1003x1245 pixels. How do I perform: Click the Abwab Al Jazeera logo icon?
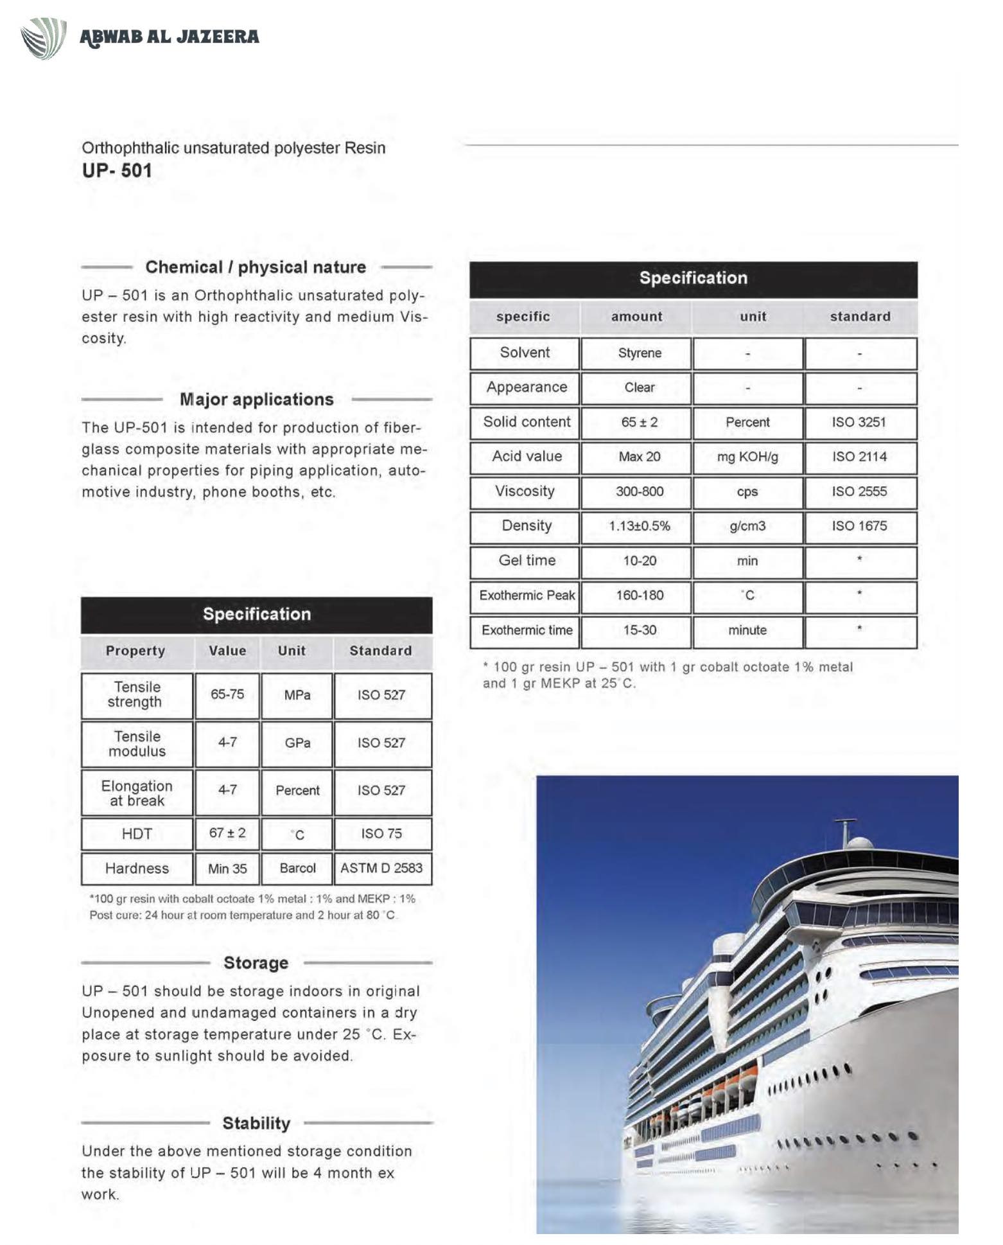point(43,38)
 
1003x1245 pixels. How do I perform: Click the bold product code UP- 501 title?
point(116,171)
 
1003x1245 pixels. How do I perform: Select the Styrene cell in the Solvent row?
point(639,353)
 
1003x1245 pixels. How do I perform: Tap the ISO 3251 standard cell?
point(859,422)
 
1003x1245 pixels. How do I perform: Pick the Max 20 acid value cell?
point(639,457)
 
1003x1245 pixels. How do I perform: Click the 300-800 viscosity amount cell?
point(639,491)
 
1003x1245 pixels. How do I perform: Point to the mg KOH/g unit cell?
point(747,457)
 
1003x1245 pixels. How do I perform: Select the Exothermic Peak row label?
point(527,596)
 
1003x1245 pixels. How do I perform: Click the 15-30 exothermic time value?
point(639,630)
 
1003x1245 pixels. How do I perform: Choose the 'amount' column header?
point(636,317)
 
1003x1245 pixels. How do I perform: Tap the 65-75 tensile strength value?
point(227,694)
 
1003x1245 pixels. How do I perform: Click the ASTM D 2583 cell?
point(381,869)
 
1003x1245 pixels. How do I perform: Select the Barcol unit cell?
point(297,869)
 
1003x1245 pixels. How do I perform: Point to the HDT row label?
point(137,834)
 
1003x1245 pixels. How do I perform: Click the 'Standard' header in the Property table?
point(380,651)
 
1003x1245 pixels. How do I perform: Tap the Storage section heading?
point(256,963)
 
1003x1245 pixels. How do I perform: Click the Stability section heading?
point(256,1124)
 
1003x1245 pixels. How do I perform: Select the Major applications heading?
point(256,400)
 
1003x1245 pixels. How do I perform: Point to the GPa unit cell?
point(297,743)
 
